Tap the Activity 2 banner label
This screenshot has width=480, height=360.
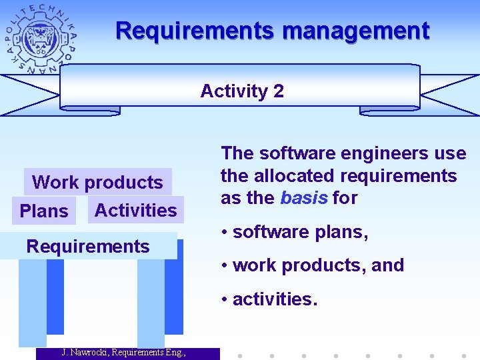pos(241,91)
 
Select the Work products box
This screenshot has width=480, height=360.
pos(97,182)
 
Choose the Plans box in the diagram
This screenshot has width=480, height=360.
pos(44,211)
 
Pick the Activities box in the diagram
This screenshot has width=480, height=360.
pos(136,210)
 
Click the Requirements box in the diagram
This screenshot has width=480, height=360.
pos(87,246)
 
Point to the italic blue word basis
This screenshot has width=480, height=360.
pos(303,198)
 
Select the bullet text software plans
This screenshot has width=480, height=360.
pos(300,232)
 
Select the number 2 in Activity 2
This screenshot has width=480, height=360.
pos(278,91)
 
